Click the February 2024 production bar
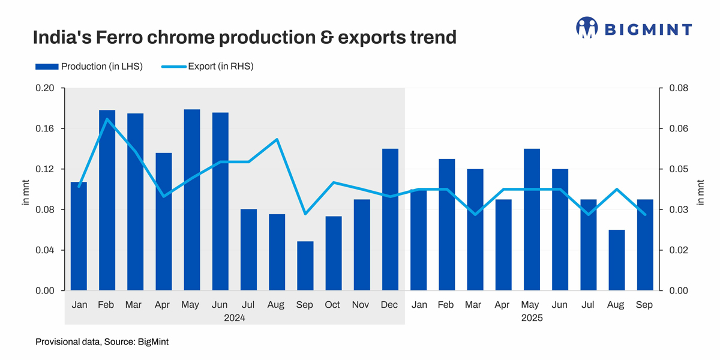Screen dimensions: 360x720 [x=107, y=201]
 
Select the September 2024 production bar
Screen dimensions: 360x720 [x=305, y=266]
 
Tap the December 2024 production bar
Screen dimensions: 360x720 [x=390, y=220]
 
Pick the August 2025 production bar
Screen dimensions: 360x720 [x=616, y=260]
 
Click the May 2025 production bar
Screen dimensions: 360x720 [x=532, y=220]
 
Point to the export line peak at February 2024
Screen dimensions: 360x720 [x=107, y=119]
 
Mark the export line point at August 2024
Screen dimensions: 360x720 [x=277, y=139]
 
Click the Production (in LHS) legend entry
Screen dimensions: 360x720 [x=90, y=67]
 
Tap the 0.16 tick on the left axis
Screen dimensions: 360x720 [x=46, y=128]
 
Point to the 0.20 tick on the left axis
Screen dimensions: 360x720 [x=46, y=88]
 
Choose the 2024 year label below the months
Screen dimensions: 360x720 [x=235, y=318]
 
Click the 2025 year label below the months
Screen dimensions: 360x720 [x=532, y=318]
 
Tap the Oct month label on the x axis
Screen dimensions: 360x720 [x=333, y=305]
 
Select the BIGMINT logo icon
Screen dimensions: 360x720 [x=587, y=28]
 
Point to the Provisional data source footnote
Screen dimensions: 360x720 [x=102, y=342]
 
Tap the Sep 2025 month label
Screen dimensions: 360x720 [x=644, y=305]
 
